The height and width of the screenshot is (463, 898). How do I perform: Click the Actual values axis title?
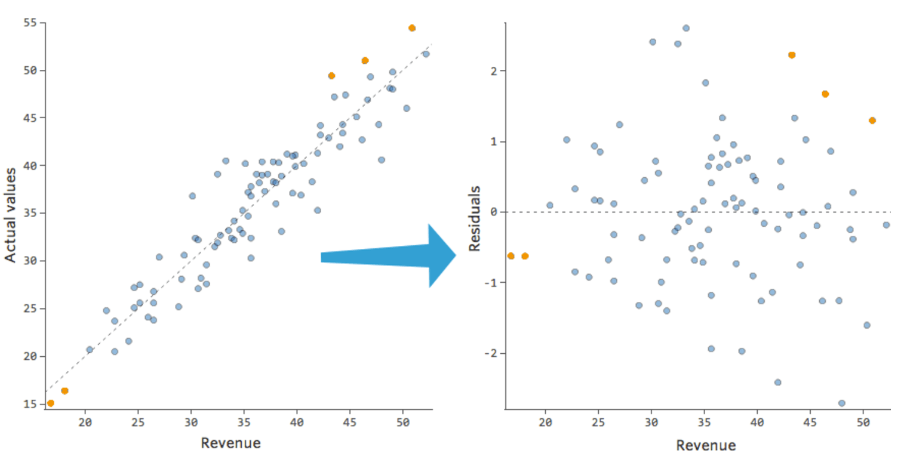[11, 215]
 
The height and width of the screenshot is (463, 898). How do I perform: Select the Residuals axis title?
[475, 218]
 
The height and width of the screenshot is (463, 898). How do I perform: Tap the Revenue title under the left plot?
[231, 443]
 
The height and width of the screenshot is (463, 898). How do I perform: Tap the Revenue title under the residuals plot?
[706, 446]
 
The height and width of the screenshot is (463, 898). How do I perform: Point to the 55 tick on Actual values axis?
[30, 23]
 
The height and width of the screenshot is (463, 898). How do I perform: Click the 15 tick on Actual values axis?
[30, 404]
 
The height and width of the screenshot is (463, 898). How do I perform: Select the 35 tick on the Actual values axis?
[30, 213]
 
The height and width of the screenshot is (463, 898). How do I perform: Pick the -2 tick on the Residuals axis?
[490, 353]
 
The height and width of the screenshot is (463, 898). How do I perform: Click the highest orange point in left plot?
[412, 28]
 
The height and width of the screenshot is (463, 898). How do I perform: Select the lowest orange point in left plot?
[51, 403]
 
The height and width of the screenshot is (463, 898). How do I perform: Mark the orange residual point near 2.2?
[792, 55]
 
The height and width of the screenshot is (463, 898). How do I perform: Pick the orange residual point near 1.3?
[872, 121]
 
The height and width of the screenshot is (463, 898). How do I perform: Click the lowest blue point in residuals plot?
[842, 403]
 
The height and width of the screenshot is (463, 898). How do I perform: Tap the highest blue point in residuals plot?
[686, 28]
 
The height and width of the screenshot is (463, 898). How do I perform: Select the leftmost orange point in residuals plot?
[510, 256]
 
